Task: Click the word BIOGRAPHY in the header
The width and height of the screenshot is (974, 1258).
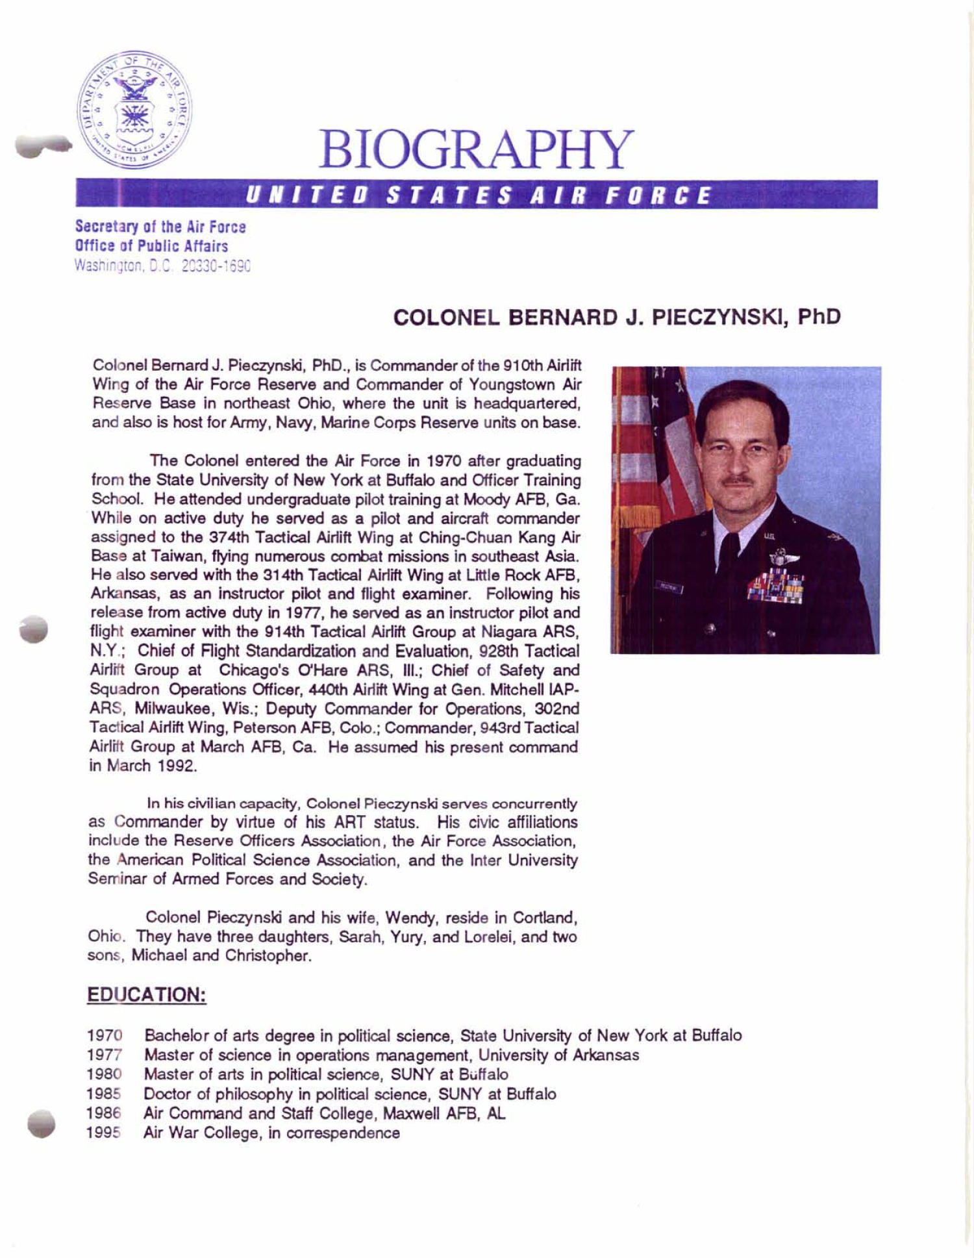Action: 475,149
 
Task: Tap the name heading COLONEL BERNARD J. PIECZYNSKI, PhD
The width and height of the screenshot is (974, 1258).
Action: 617,317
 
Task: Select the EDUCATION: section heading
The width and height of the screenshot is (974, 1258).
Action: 147,994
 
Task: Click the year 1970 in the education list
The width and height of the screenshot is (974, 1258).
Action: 105,1036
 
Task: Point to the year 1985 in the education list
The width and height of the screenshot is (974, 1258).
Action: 105,1094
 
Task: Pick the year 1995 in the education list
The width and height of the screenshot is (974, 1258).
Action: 105,1133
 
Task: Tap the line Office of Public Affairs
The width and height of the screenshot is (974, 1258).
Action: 151,246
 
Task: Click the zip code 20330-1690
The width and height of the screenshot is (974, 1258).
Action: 216,266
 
